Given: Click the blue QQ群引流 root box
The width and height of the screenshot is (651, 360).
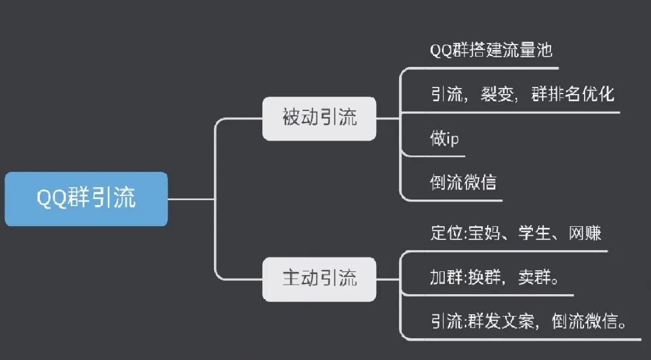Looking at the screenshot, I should coord(86,199).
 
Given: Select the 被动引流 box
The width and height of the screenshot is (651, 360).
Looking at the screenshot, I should coord(319,118).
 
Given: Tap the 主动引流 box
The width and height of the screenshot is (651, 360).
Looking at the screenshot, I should coord(319,279).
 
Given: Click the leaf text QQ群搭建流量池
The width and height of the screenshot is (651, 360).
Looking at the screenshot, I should coord(491,50).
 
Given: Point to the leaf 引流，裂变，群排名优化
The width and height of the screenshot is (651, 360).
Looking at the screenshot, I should coord(522,94).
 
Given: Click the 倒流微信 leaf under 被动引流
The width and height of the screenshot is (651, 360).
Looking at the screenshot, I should coord(463,182).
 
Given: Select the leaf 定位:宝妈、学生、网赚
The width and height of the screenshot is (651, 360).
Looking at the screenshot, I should coord(516,233).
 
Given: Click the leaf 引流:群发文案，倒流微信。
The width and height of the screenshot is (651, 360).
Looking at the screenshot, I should coord(528,321).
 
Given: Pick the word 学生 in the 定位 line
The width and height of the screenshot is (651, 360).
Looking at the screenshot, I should coord(535,233).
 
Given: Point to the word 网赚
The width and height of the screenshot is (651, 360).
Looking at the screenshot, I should coord(585,233).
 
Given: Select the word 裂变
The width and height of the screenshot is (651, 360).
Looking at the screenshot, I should coord(497,94).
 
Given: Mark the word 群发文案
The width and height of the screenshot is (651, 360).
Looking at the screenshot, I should coord(502,321).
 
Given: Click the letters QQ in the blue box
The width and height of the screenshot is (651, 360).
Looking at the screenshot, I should coord(52,199).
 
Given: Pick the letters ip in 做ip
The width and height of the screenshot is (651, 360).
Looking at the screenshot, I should coord(453,139).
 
